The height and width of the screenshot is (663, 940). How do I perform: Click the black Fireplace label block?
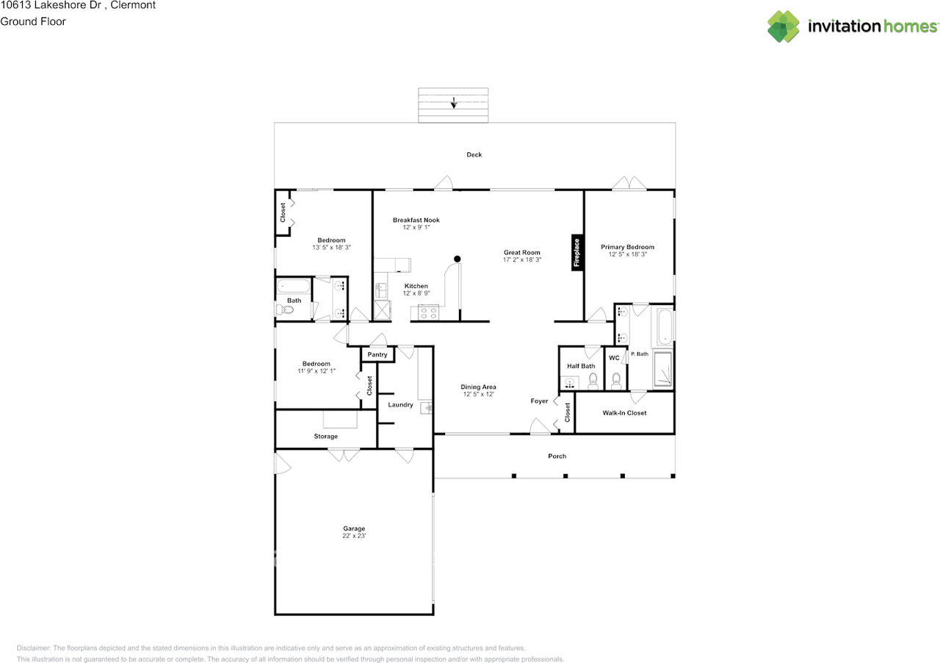click(577, 253)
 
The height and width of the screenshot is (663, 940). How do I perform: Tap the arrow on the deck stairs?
click(454, 103)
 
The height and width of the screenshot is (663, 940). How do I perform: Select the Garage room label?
click(354, 528)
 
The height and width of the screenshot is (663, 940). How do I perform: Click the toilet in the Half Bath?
click(593, 381)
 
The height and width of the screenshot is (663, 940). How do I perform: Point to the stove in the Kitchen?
click(428, 312)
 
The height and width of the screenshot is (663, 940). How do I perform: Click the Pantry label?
click(377, 354)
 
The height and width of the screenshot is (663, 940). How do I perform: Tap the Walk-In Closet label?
click(624, 413)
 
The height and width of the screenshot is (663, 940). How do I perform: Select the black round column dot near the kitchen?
click(458, 259)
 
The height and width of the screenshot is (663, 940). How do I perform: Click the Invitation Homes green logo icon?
click(784, 26)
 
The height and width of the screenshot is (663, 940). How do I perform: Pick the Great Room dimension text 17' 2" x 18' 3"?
click(522, 259)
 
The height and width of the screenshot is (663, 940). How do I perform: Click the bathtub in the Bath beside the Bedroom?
click(293, 286)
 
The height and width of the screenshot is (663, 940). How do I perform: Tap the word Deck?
click(474, 154)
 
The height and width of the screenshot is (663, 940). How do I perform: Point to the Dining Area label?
click(478, 387)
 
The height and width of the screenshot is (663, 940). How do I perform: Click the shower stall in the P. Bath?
click(663, 369)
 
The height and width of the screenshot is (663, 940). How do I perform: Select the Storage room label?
click(325, 437)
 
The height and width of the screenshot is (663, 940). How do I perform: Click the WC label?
click(614, 358)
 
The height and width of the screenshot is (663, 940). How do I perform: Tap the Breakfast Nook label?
click(416, 220)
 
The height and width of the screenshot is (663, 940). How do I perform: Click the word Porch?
click(557, 456)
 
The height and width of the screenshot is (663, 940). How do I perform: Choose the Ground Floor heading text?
click(33, 21)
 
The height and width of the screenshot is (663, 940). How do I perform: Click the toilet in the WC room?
click(616, 381)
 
